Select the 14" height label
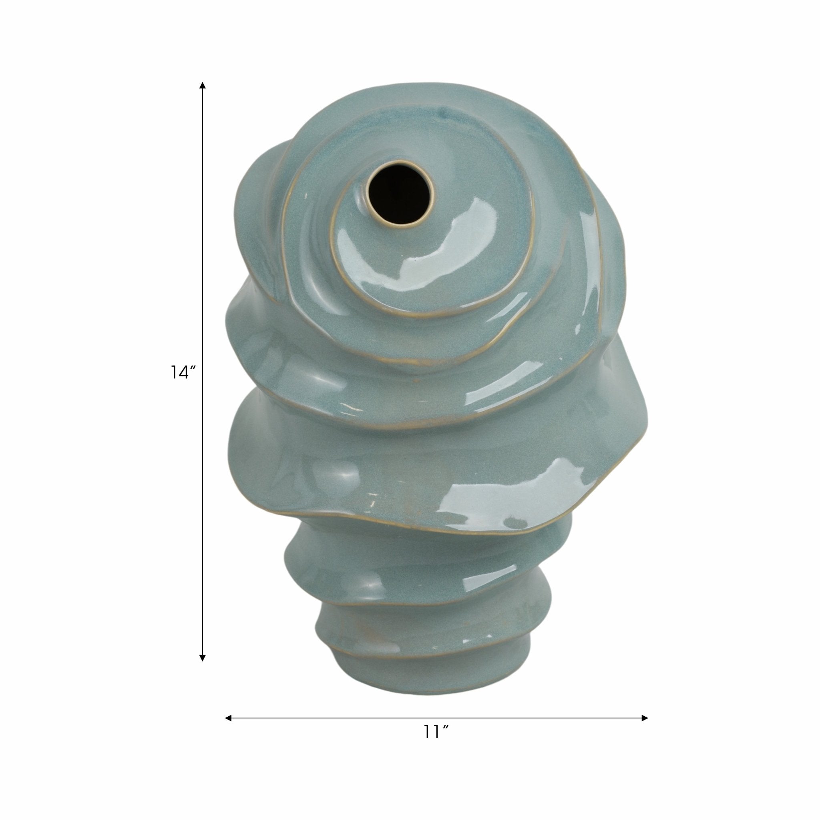tap(183, 372)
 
